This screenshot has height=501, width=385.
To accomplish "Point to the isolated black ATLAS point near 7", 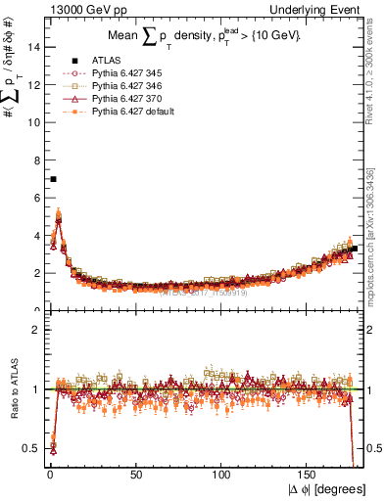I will tap(53, 179).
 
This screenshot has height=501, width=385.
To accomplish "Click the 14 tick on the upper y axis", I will tap(35, 47).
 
